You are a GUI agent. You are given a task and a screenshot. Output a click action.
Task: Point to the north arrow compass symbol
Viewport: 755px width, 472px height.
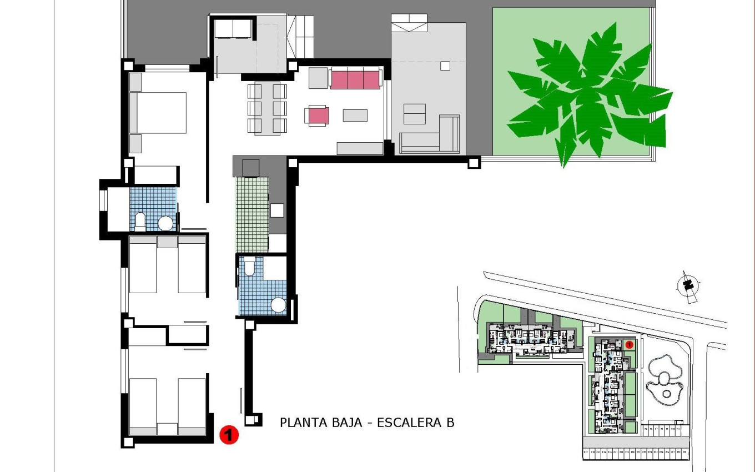point(688,287)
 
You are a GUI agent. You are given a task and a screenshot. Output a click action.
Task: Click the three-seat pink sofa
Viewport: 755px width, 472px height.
point(355,79)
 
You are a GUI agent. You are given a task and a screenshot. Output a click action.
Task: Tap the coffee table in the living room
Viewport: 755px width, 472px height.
point(355,116)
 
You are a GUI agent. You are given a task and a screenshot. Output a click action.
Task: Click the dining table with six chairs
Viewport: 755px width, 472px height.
point(267,108)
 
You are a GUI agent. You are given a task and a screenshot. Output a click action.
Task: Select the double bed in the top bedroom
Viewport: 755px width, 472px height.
point(158,113)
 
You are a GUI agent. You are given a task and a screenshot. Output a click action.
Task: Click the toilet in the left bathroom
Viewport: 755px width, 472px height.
point(140,222)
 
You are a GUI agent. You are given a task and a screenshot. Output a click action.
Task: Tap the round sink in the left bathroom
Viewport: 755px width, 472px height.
point(165,223)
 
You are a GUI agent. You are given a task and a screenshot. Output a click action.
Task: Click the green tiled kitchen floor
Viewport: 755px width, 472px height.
point(251,214)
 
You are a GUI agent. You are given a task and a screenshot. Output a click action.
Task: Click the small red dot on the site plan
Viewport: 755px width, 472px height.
point(629,345)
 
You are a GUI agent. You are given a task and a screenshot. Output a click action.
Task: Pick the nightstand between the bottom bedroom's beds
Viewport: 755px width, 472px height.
point(167,429)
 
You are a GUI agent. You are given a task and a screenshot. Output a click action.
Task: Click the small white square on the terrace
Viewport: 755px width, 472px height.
point(445,66)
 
